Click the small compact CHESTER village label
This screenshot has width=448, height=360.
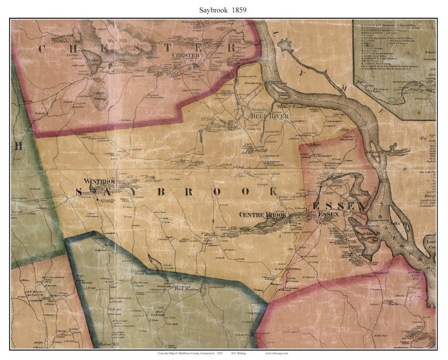click(187, 55)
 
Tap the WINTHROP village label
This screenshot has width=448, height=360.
click(99, 181)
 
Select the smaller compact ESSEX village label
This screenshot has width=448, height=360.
click(329, 215)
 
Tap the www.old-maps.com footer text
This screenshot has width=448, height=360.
click(277, 353)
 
